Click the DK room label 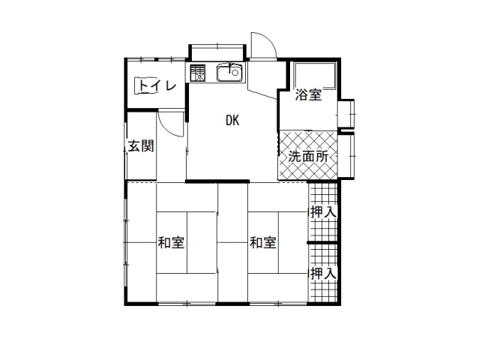[x=232, y=121]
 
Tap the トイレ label [x=157, y=85]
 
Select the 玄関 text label [x=141, y=145]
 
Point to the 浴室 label [x=308, y=94]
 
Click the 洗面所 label [x=308, y=157]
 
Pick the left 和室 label [x=171, y=243]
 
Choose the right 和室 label [x=263, y=243]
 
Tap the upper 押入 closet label [x=324, y=212]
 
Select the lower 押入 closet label [x=324, y=273]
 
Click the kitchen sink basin [x=229, y=73]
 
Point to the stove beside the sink [x=198, y=73]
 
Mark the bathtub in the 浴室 [x=315, y=76]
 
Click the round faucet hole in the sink [x=235, y=73]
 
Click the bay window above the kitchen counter [x=217, y=52]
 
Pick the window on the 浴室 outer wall [x=347, y=114]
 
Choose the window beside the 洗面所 [x=347, y=156]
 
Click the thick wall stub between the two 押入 [x=322, y=243]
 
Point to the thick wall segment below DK [x=217, y=181]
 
